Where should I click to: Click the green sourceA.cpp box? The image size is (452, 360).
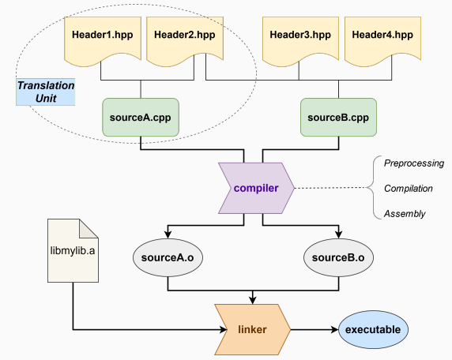(141, 117)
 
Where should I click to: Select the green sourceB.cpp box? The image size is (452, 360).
(338, 117)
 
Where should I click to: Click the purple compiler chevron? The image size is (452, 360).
(256, 188)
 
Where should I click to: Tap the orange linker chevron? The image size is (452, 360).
(253, 329)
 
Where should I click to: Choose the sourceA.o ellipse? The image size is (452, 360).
(168, 257)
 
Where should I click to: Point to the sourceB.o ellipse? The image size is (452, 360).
(338, 257)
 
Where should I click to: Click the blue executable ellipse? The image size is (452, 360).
(373, 329)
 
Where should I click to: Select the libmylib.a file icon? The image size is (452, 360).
(73, 250)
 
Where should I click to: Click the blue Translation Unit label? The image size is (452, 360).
(46, 92)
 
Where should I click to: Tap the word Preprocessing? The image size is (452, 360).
(414, 163)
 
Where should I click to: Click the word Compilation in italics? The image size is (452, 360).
(409, 189)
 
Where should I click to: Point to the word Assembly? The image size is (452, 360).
(405, 214)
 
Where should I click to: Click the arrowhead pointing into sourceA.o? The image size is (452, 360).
(168, 234)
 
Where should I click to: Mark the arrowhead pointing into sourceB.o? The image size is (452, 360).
(338, 234)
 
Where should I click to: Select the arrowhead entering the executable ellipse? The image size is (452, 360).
(334, 329)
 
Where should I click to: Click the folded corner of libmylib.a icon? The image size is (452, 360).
(89, 228)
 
